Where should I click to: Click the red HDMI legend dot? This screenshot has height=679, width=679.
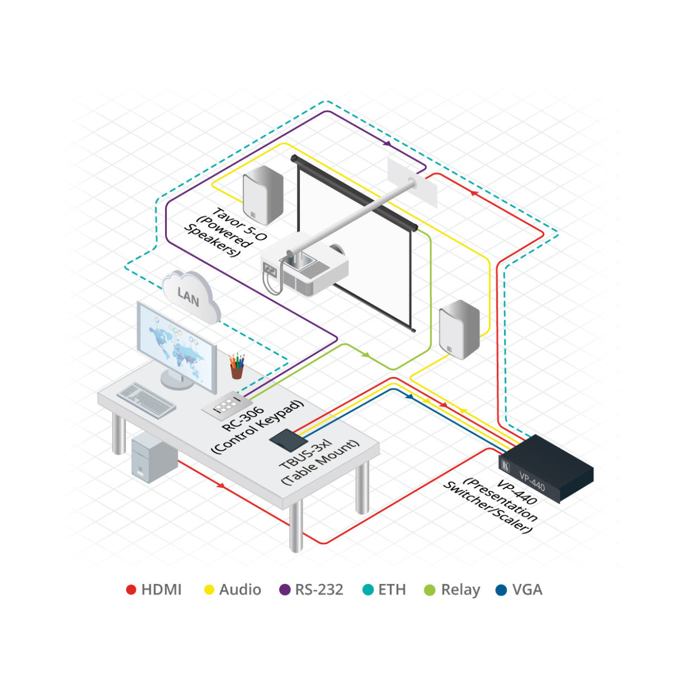coord(131,590)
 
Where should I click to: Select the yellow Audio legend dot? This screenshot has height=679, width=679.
coord(209,590)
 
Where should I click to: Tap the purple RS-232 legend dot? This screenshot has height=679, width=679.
coord(285,590)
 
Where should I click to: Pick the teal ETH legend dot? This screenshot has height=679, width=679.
coord(367,590)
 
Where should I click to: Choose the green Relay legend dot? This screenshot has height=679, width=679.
coord(430,590)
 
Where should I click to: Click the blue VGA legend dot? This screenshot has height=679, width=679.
coord(502,590)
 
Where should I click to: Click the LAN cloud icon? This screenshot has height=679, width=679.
coord(190,296)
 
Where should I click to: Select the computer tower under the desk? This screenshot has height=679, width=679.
coord(153,459)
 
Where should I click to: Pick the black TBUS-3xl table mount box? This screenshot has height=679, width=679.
coord(288,440)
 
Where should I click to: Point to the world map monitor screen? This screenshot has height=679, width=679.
coord(177,347)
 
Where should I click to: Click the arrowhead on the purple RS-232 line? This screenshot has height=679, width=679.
coord(387,144)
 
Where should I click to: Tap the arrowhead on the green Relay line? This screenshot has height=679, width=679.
coord(366,355)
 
